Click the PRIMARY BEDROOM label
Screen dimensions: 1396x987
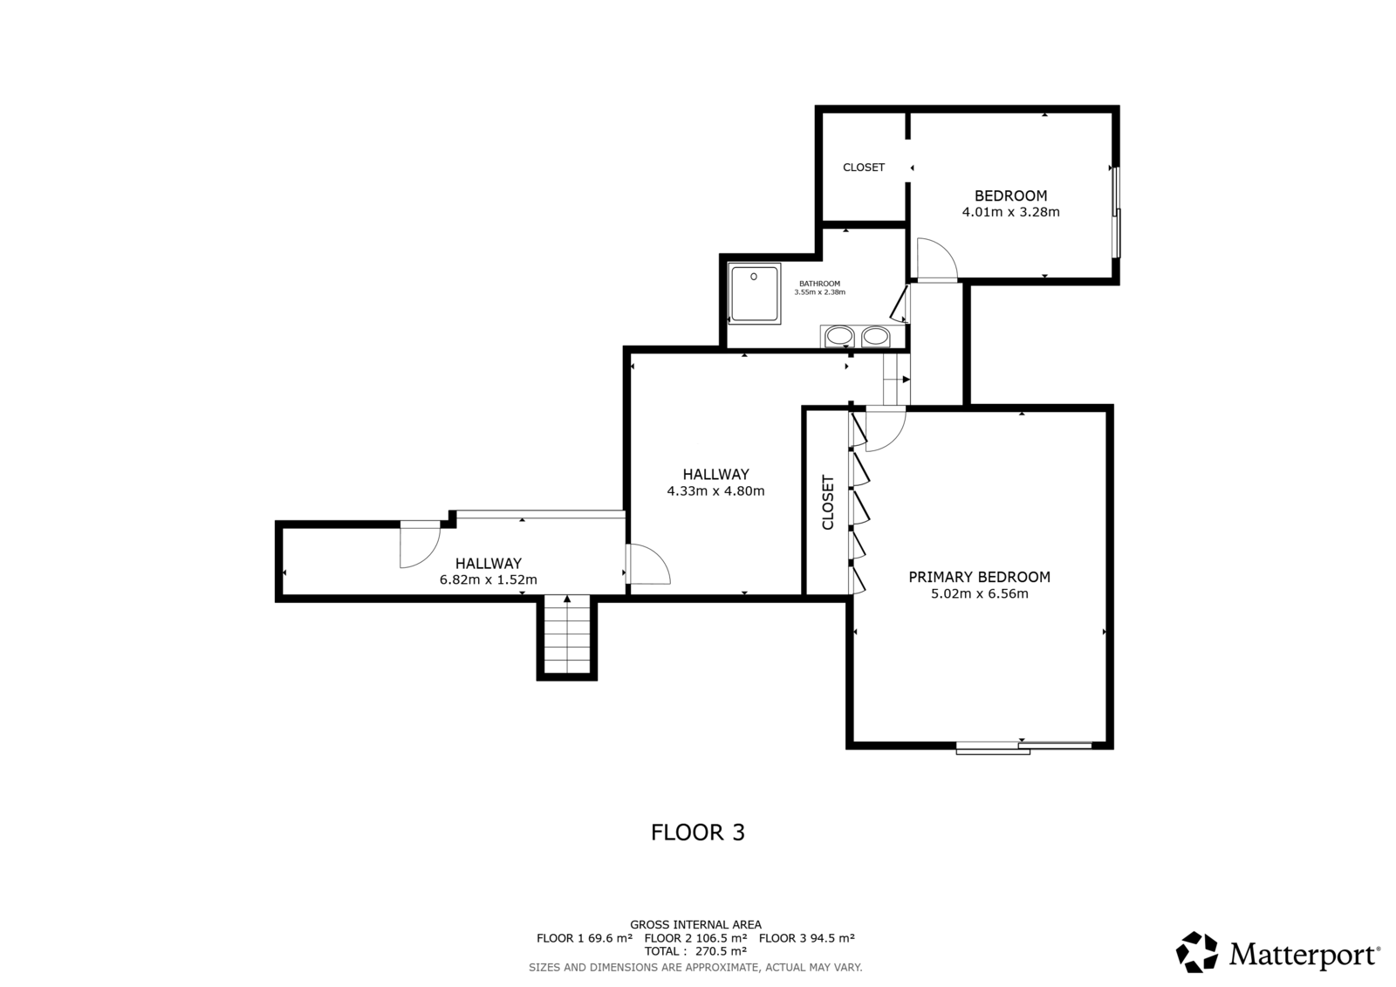click(x=979, y=578)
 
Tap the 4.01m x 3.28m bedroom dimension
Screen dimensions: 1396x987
click(x=1011, y=212)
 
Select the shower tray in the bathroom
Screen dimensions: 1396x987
click(x=754, y=294)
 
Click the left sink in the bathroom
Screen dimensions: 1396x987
click(x=838, y=337)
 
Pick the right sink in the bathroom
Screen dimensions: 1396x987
click(x=876, y=337)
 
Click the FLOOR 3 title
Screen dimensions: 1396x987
click(x=698, y=833)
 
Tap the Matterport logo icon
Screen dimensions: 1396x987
click(x=1196, y=952)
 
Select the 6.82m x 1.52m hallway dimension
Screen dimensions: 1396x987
click(x=488, y=579)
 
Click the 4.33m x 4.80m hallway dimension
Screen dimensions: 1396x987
click(x=715, y=490)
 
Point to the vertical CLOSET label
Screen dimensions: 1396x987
click(x=828, y=503)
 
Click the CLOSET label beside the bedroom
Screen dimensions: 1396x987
click(x=864, y=167)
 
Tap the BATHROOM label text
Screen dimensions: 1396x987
click(x=819, y=284)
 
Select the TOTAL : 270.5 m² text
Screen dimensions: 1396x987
click(x=695, y=951)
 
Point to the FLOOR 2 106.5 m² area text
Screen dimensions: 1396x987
click(x=695, y=938)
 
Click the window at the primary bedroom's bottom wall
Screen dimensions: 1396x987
click(x=1024, y=748)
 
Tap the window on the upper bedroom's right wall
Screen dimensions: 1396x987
click(x=1117, y=212)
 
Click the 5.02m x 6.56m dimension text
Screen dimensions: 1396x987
click(x=980, y=593)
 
